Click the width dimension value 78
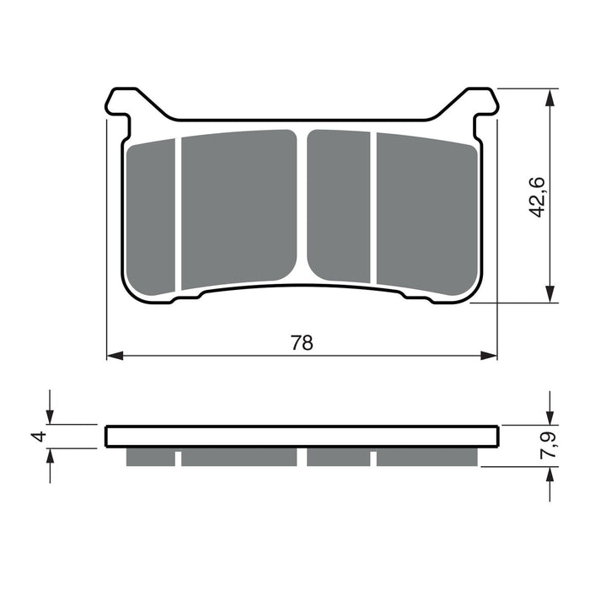pyautogui.click(x=302, y=342)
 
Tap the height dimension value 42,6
pyautogui.click(x=538, y=196)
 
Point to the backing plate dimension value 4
pyautogui.click(x=36, y=437)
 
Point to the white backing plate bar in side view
pyautogui.click(x=302, y=437)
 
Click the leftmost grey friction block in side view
pyautogui.click(x=151, y=457)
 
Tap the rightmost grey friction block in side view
pyautogui.click(x=426, y=457)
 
